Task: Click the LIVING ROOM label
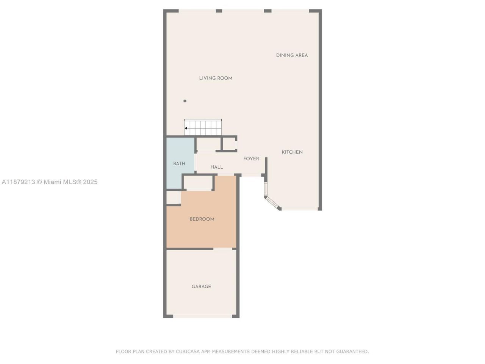pyautogui.click(x=216, y=78)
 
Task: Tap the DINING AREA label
pyautogui.click(x=292, y=55)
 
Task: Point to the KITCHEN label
pyautogui.click(x=292, y=152)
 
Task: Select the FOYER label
pyautogui.click(x=251, y=159)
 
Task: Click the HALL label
pyautogui.click(x=217, y=167)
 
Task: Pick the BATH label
pyautogui.click(x=179, y=164)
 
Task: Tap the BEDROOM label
pyautogui.click(x=202, y=219)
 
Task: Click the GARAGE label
pyautogui.click(x=201, y=287)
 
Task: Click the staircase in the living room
pyautogui.click(x=203, y=127)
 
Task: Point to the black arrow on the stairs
pyautogui.click(x=186, y=128)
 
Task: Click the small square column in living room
pyautogui.click(x=185, y=101)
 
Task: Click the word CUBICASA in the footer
pyautogui.click(x=188, y=352)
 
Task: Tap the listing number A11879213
pyautogui.click(x=18, y=182)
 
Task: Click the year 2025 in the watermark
pyautogui.click(x=90, y=182)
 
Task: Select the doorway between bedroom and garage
pyautogui.click(x=223, y=249)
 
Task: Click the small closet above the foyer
pyautogui.click(x=229, y=144)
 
